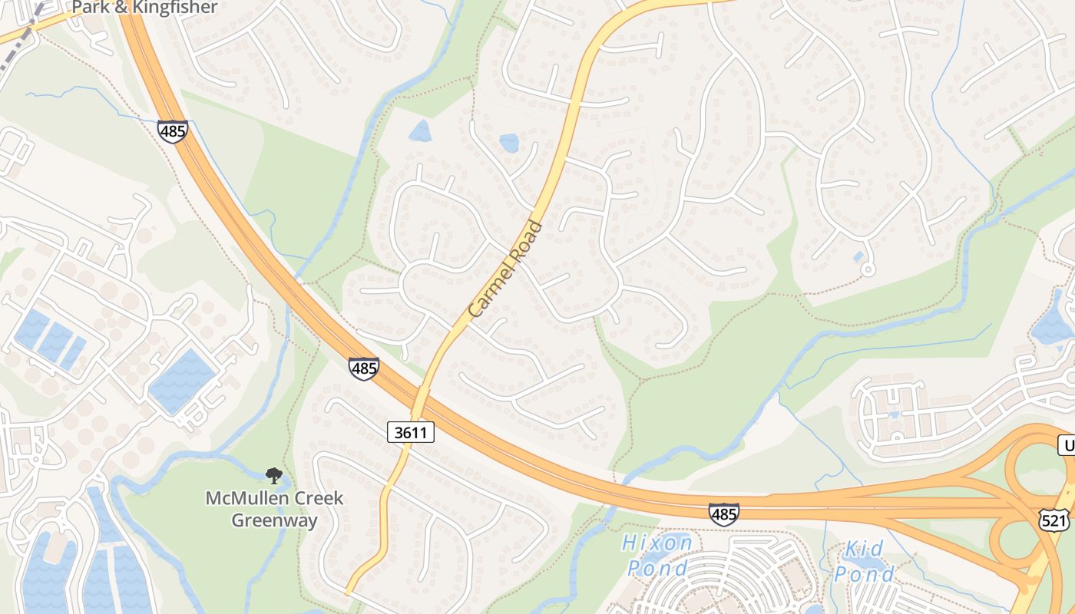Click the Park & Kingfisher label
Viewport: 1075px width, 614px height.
click(145, 8)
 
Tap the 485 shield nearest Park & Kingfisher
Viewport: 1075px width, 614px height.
click(173, 130)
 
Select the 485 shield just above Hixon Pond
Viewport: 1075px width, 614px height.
click(723, 513)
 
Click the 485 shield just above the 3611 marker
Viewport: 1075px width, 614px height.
click(363, 368)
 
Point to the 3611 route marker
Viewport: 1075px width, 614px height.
click(412, 432)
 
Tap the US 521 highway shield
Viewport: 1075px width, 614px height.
click(1053, 520)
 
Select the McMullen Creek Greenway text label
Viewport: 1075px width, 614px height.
click(274, 509)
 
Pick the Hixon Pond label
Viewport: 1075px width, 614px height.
click(657, 556)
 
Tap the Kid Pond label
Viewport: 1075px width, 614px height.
click(865, 561)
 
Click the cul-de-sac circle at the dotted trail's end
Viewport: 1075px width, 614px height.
click(868, 269)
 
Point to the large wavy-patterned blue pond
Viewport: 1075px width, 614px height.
click(183, 381)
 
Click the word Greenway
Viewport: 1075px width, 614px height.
click(274, 520)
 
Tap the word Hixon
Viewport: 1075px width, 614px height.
click(657, 543)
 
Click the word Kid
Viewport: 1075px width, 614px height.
click(865, 550)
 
